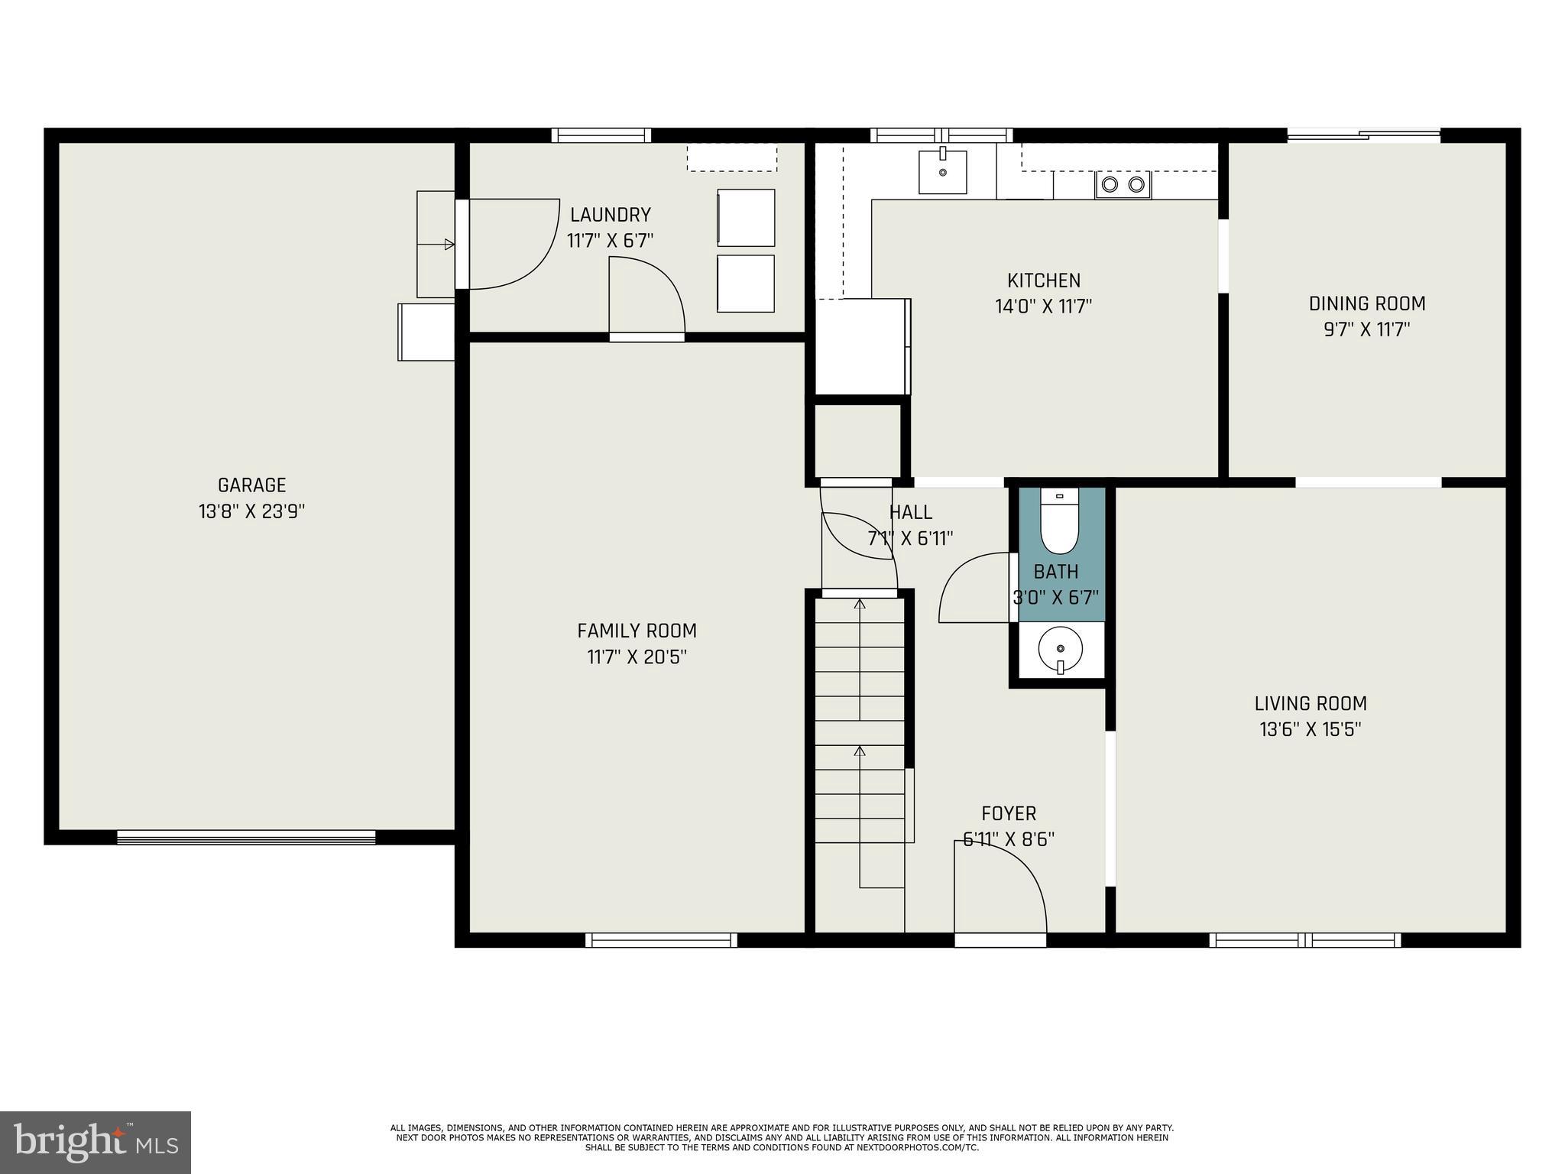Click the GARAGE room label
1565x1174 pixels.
[x=251, y=485]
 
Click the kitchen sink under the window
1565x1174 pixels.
[x=942, y=172]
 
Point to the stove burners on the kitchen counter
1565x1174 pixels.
[x=1123, y=184]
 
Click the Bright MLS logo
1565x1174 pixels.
[x=95, y=1142]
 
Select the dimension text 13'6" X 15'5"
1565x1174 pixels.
[x=1310, y=729]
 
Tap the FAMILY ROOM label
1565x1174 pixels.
[x=637, y=631]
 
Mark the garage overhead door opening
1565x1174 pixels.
[x=246, y=837]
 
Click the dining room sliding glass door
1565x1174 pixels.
[x=1364, y=136]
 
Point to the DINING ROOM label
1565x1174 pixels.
[x=1366, y=303]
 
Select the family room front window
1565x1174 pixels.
[x=662, y=940]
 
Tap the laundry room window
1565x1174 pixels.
[x=601, y=135]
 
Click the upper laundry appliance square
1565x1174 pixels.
[x=746, y=218]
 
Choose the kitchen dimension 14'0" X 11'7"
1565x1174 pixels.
[x=1043, y=306]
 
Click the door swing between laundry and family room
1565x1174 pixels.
[x=646, y=298]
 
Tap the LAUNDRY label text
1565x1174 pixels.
[x=610, y=215]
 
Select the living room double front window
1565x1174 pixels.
[x=1304, y=940]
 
